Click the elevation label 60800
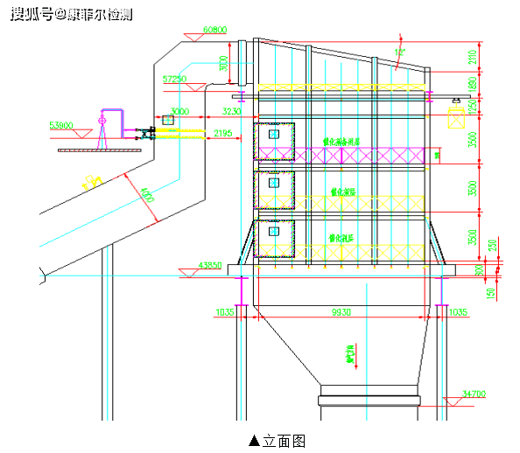coord(215,29)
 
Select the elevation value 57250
coord(175,79)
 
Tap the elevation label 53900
coord(61,125)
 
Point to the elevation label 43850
coord(211,265)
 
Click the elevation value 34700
coord(472,394)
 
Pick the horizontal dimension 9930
coord(341,312)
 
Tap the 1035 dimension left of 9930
coord(226,312)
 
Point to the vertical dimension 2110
coord(474,58)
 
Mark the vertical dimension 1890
coord(474,84)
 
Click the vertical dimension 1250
coord(474,106)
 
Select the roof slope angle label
coord(400,52)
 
